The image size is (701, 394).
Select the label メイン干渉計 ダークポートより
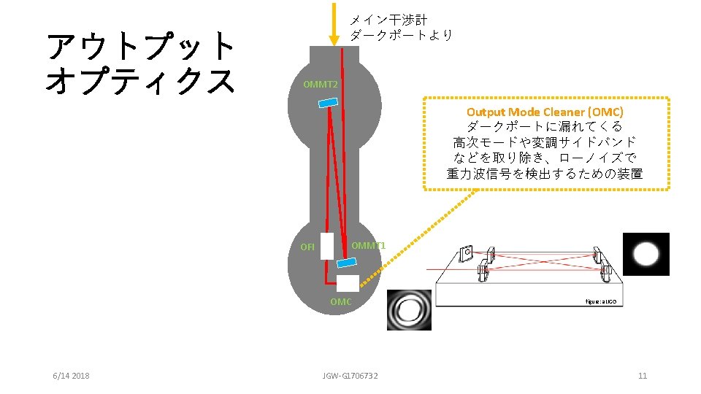point(401,27)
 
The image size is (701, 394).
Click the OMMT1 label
point(368,245)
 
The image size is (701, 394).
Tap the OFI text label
point(307,247)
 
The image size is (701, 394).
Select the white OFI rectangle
point(326,246)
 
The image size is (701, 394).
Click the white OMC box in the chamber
point(348,283)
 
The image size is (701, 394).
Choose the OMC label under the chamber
point(340,301)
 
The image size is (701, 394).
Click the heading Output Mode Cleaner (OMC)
point(545,112)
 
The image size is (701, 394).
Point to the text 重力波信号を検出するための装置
point(545,174)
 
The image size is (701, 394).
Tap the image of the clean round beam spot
point(646,254)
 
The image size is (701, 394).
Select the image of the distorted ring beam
point(409,309)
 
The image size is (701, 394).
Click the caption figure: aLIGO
point(600,301)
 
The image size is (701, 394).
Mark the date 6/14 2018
point(71,376)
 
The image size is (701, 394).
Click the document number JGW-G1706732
point(350,376)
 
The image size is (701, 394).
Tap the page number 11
point(643,376)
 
